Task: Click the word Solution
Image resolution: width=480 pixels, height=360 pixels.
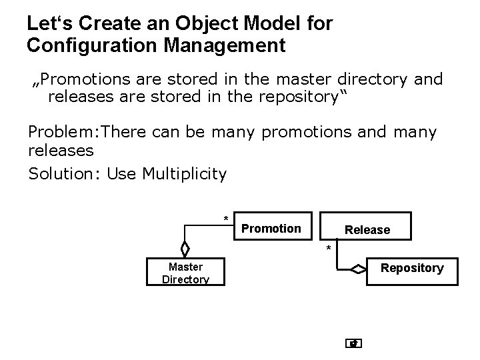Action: [x=61, y=174]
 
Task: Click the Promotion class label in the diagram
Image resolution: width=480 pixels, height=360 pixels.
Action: [x=271, y=229]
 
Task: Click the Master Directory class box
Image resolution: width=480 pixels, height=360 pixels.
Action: [x=185, y=273]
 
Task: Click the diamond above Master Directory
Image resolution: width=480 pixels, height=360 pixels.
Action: [x=185, y=248]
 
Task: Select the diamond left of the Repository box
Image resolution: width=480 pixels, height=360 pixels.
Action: [x=359, y=269]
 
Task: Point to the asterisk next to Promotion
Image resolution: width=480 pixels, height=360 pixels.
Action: [x=226, y=219]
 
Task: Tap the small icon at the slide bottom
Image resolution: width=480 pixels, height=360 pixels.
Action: [x=354, y=343]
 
